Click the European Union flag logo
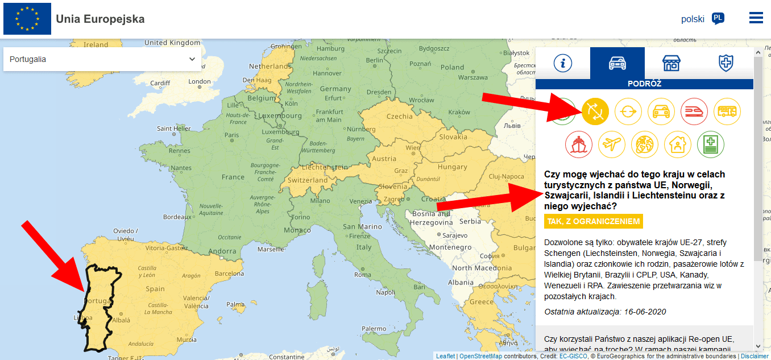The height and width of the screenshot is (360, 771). point(27,19)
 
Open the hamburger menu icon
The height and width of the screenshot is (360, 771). point(756,18)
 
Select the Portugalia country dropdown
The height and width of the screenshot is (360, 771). point(102,59)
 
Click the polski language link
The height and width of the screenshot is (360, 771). point(693,19)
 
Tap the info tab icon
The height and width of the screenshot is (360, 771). point(563,63)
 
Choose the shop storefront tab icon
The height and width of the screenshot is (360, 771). point(671,63)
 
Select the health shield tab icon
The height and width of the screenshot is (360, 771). point(726,63)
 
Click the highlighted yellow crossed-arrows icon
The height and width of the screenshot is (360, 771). point(595,111)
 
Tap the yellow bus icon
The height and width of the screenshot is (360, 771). point(727,111)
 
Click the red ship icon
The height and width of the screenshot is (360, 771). point(579,144)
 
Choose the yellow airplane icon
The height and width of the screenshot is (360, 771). point(612,144)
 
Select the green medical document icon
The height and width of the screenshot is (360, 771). point(711,144)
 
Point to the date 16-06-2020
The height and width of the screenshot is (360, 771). point(644,312)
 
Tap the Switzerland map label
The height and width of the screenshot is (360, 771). point(308,180)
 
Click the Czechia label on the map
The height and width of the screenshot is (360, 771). point(399,117)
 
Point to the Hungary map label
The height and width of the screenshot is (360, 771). point(452,167)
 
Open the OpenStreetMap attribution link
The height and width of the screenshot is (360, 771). point(480,356)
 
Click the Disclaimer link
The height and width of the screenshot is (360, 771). point(755,356)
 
